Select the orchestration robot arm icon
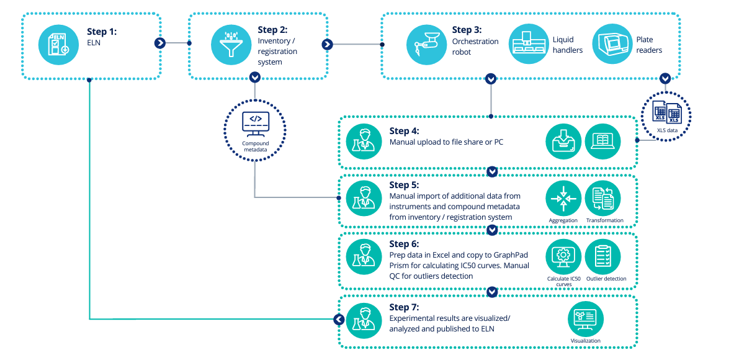(424, 44)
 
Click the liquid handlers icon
(527, 44)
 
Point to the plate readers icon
(611, 44)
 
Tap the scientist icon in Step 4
(364, 142)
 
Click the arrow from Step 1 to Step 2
(160, 43)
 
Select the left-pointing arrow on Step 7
(338, 319)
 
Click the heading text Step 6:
(404, 244)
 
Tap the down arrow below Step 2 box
(254, 78)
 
